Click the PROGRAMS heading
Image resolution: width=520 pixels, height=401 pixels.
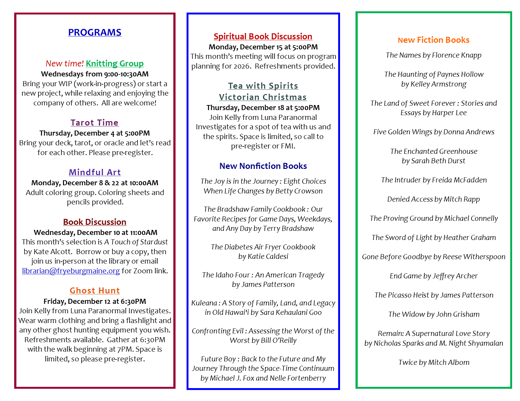95,32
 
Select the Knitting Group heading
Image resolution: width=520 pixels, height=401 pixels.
115,64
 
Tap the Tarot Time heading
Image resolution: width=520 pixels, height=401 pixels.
95,123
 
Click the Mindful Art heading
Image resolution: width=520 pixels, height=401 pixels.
95,172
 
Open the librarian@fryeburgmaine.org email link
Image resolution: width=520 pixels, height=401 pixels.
71,271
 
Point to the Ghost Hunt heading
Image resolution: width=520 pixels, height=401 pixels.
95,291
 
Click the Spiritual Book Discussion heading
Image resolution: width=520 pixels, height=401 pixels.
263,36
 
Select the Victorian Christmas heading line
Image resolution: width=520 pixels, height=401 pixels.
263,97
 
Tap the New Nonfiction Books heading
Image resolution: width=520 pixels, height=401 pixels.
263,166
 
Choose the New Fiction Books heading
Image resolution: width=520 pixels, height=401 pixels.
433,40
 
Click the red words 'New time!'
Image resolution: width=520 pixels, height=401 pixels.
65,64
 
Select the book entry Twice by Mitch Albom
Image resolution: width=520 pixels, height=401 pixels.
434,362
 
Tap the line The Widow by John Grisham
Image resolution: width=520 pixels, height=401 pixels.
434,314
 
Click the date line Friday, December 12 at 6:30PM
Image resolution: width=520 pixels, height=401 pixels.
95,301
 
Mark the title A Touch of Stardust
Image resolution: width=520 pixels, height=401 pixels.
136,242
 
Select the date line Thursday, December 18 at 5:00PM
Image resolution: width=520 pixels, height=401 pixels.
263,108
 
